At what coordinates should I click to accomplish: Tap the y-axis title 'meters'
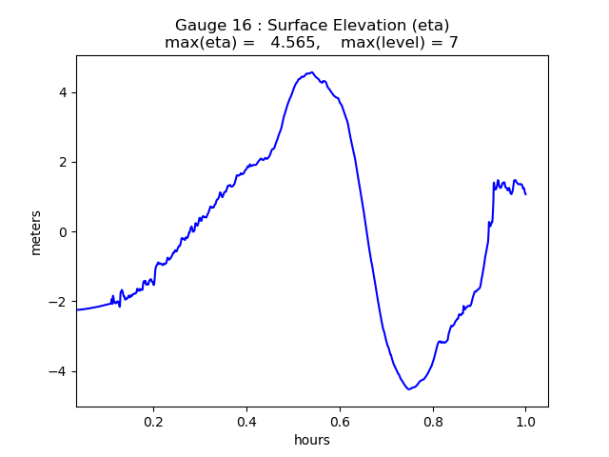[36, 232]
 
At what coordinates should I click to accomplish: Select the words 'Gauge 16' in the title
[206, 25]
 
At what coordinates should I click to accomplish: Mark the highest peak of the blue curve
[311, 72]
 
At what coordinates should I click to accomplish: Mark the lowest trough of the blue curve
[409, 388]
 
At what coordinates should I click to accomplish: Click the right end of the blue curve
[525, 194]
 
